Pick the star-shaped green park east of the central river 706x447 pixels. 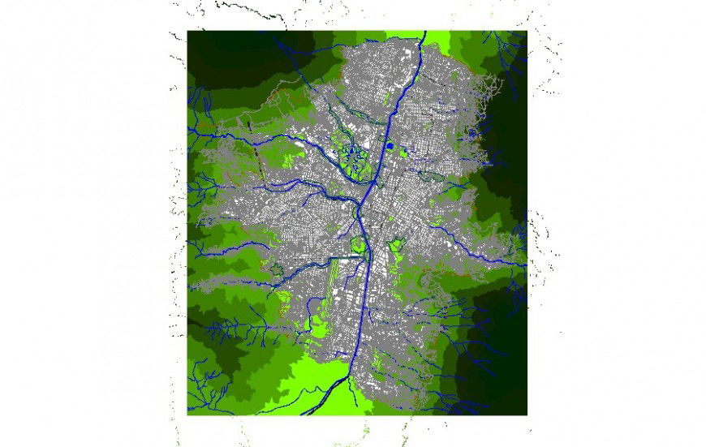[x=397, y=243]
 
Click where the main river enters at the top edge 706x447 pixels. [x=424, y=34]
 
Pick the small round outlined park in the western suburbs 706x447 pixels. [x=278, y=270]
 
